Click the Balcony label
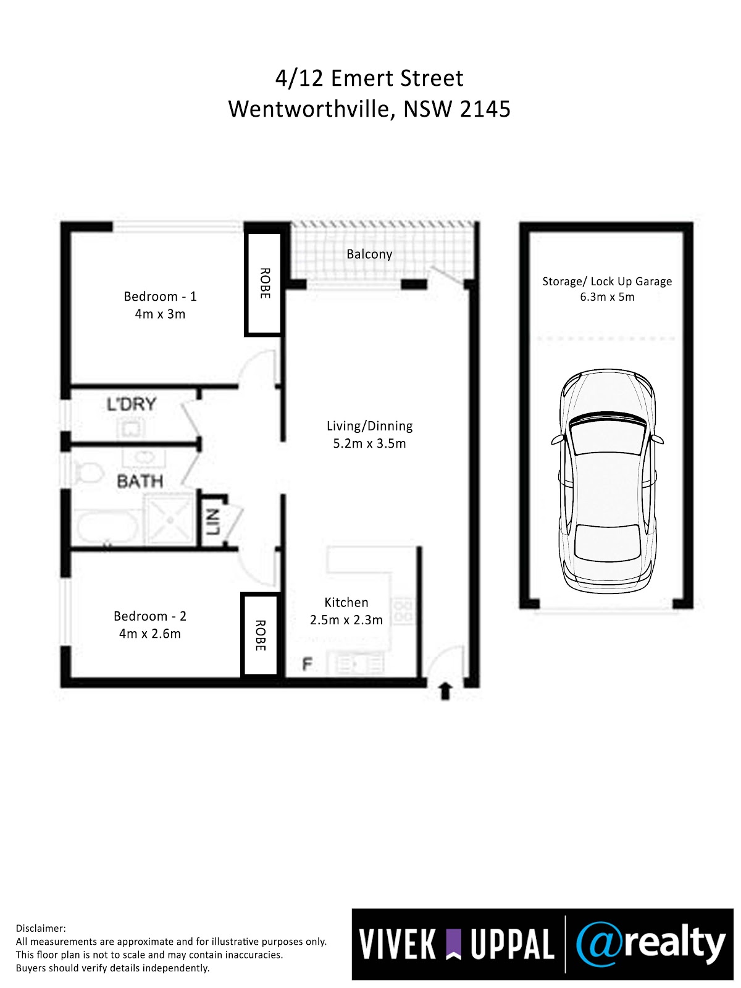coord(369,254)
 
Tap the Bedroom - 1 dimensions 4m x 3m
coord(160,314)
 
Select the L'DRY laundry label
coord(132,404)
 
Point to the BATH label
coord(140,481)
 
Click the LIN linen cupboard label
coord(212,522)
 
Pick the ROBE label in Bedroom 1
coord(265,283)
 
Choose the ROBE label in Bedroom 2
coord(261,635)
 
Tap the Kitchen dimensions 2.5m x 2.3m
coord(346,620)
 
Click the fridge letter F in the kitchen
coord(308,664)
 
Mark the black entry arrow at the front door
coord(445,692)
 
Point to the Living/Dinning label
coord(369,426)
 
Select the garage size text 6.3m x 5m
coord(607,297)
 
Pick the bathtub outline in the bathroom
coord(107,527)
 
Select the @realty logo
coord(651,944)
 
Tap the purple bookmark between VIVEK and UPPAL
coord(453,944)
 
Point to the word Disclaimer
coord(41,928)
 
